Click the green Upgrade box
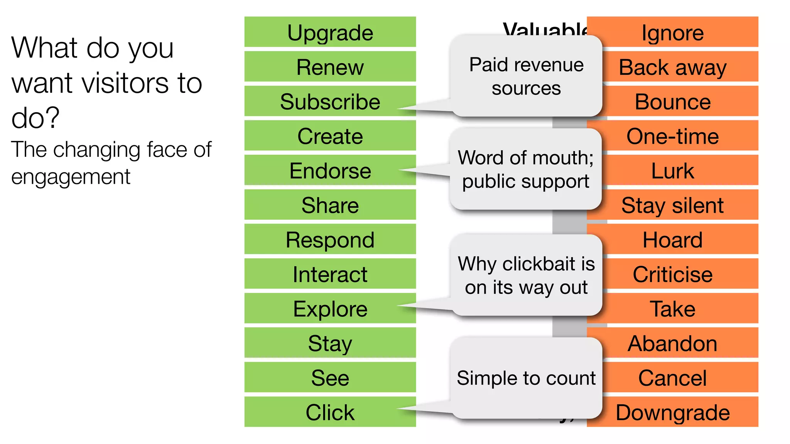(x=330, y=32)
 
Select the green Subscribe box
(x=330, y=101)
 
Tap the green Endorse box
(x=330, y=170)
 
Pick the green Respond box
(x=330, y=239)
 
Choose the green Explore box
(x=330, y=308)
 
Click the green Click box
(x=330, y=412)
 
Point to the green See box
(x=330, y=377)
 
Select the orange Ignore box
(x=672, y=32)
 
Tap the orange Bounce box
(x=672, y=101)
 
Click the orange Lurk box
(x=672, y=170)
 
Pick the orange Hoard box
(x=672, y=239)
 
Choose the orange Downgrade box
(x=672, y=412)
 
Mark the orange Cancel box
(x=672, y=377)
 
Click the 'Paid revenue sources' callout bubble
(x=526, y=76)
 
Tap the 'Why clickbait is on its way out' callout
(x=526, y=275)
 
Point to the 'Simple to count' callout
(x=526, y=378)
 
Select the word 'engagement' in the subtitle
(x=71, y=177)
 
